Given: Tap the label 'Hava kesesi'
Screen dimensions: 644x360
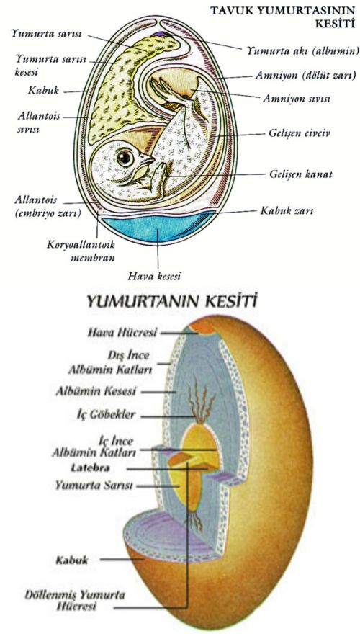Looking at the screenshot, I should coord(153,274).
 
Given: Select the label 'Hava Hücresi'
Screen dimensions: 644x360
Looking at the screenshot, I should coord(120,333).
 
